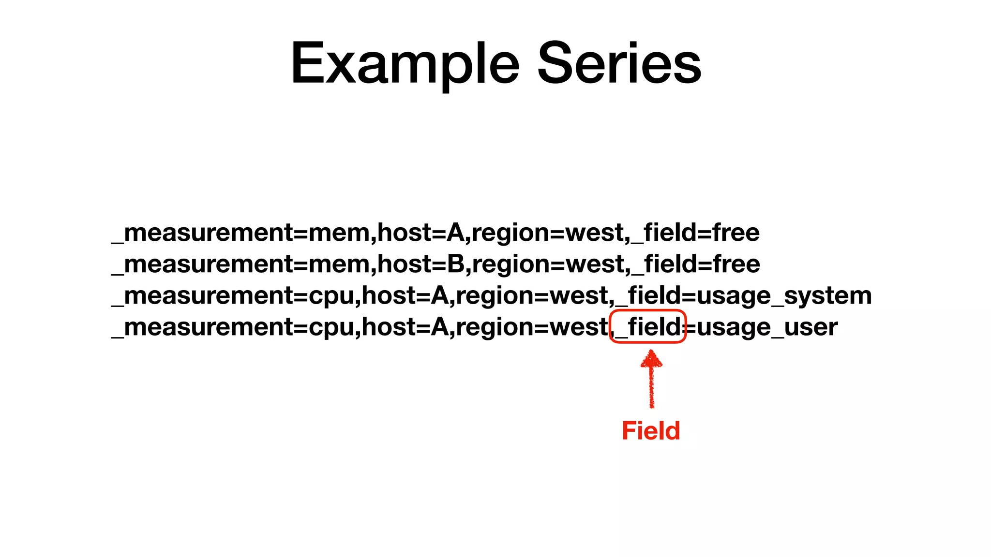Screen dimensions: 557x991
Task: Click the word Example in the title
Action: (405, 64)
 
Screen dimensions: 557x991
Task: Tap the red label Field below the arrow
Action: (651, 430)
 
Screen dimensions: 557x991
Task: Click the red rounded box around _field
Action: (648, 327)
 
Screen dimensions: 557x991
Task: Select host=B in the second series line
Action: (420, 264)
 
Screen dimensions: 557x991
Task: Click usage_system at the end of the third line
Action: (784, 296)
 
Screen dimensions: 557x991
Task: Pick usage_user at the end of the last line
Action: (767, 327)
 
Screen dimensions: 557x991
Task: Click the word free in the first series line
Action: (736, 233)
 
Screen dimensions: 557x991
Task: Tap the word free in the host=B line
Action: (736, 264)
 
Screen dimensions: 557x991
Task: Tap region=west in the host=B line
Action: (548, 264)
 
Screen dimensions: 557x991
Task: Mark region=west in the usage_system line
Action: (532, 296)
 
